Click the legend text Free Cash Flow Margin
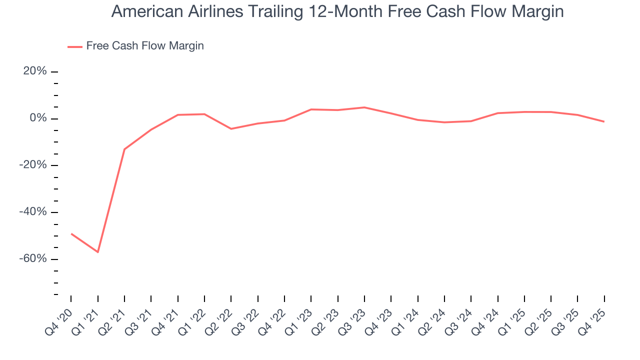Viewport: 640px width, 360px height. coord(145,46)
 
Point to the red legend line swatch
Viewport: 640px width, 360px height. coord(74,47)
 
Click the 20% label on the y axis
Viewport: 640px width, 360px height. coord(35,71)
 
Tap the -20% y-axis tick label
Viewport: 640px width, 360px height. coord(33,165)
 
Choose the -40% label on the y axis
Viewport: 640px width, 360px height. coord(33,212)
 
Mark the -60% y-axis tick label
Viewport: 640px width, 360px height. coord(33,259)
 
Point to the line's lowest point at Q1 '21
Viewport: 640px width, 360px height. coord(98,252)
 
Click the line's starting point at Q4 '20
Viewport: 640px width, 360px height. coord(71,233)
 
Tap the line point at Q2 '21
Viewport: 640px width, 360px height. coord(124,149)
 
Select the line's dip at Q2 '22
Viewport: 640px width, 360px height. coord(231,129)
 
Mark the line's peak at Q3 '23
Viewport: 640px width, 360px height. coord(364,107)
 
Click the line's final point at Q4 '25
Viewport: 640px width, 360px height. coord(604,121)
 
